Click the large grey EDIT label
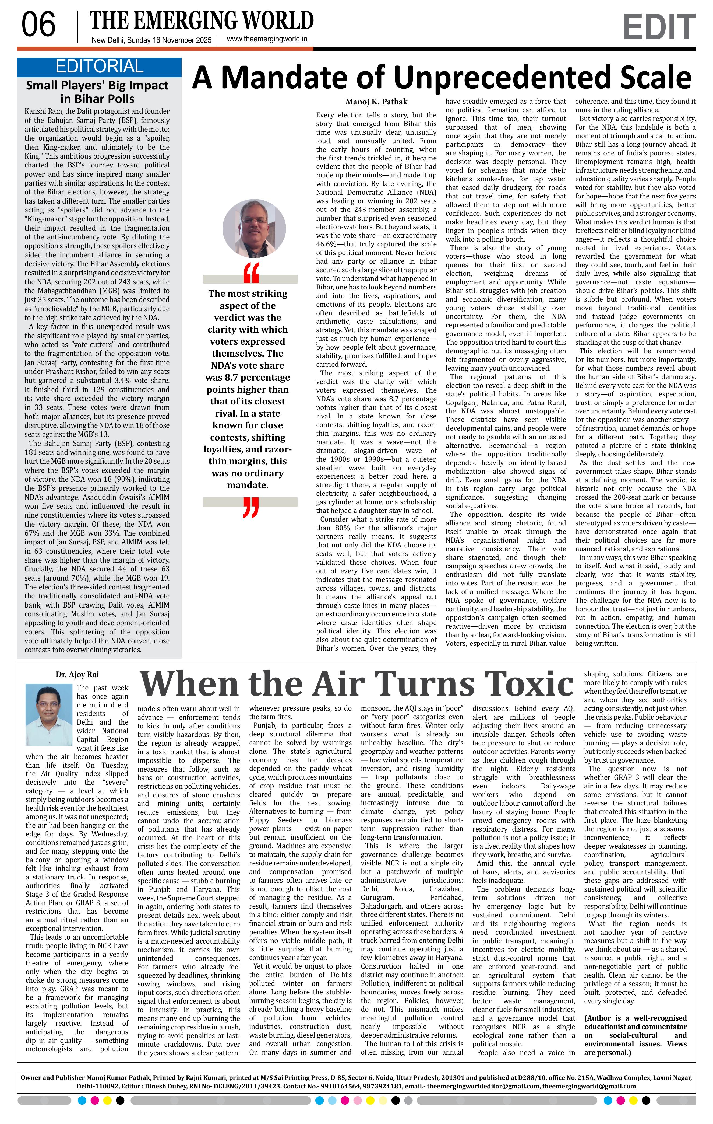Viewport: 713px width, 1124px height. pyautogui.click(x=658, y=27)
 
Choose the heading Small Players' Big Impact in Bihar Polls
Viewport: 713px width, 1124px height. pyautogui.click(x=97, y=92)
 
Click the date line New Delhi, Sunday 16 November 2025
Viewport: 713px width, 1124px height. pyautogui.click(x=151, y=40)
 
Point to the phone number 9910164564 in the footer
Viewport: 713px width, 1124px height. pyautogui.click(x=343, y=1086)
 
